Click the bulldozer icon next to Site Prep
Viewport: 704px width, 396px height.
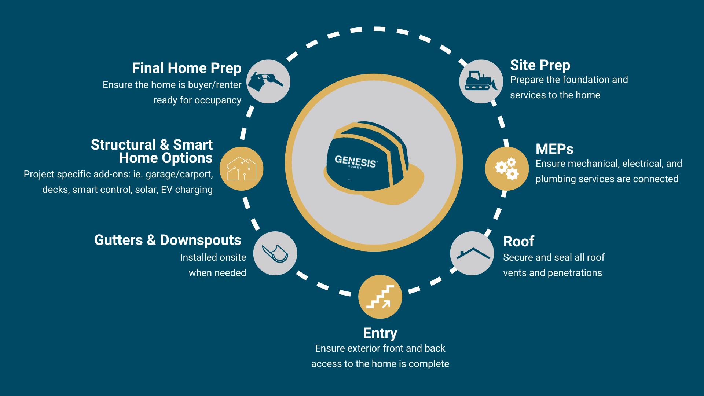coord(481,81)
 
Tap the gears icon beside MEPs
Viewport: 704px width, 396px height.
coord(506,169)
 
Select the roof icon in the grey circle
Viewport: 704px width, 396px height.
coord(472,253)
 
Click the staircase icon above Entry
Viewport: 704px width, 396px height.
coord(380,297)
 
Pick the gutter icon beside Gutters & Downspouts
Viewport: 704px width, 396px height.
coord(275,253)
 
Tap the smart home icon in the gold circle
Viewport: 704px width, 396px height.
coord(241,169)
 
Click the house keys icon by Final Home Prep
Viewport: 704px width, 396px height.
coord(268,81)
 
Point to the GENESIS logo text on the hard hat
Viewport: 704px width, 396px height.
coord(356,161)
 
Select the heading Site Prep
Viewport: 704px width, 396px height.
coord(540,65)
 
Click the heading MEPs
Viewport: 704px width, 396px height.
coord(554,149)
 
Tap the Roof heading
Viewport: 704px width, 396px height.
coord(518,242)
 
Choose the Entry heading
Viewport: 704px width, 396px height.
coord(380,333)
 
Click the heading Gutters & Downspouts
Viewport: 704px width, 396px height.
coord(168,240)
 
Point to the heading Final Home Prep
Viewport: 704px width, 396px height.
coord(187,68)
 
